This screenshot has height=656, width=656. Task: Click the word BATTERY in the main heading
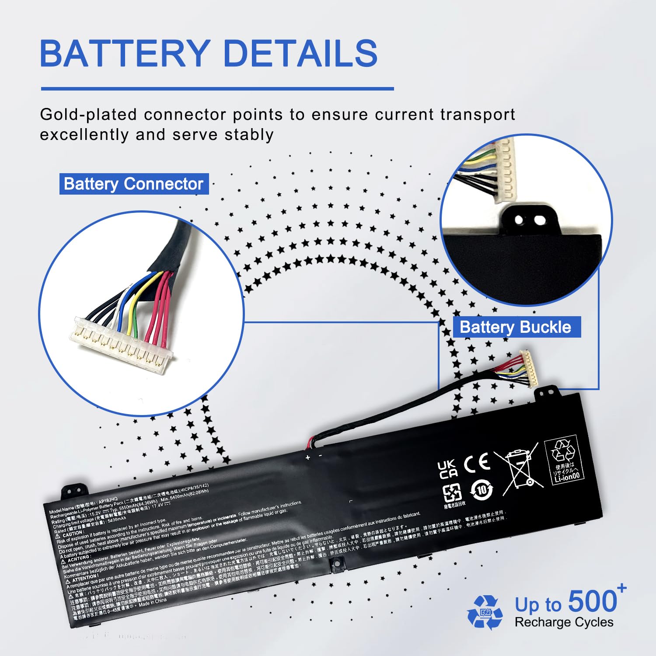pyautogui.click(x=125, y=53)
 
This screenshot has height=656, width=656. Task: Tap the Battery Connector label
pyautogui.click(x=133, y=184)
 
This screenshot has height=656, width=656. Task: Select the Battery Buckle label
pyautogui.click(x=516, y=327)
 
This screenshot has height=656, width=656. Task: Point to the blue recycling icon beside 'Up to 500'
pyautogui.click(x=485, y=612)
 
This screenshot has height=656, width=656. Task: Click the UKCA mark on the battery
pyautogui.click(x=448, y=469)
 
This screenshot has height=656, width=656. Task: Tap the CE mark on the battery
pyautogui.click(x=477, y=463)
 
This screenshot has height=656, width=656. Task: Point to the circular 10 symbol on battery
pyautogui.click(x=482, y=490)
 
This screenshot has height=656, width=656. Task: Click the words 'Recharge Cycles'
pyautogui.click(x=564, y=622)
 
